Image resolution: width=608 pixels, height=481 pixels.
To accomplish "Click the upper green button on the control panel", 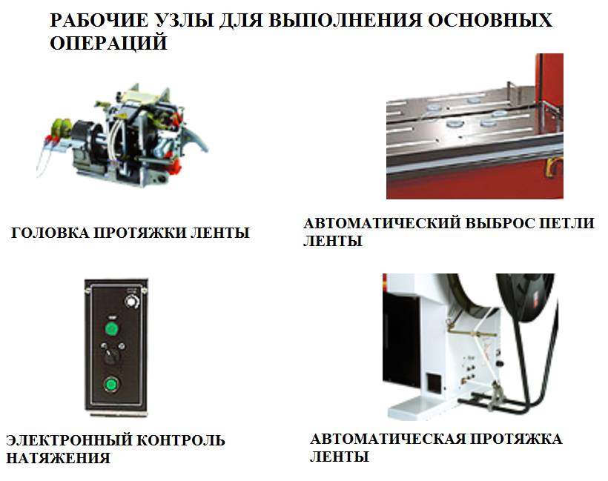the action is click(112, 329).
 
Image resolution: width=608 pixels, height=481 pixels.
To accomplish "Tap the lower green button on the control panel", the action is click(111, 385).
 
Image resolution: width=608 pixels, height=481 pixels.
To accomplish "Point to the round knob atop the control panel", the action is click(132, 302).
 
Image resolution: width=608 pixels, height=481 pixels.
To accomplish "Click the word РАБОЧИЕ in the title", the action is click(99, 20).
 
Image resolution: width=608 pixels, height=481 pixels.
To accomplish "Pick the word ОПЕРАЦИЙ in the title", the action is click(108, 43).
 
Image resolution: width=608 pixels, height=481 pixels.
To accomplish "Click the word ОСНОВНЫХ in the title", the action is click(490, 20).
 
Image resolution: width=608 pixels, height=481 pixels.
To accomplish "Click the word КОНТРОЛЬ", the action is click(182, 440).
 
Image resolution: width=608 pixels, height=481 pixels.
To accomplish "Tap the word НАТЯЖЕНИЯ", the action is click(59, 458).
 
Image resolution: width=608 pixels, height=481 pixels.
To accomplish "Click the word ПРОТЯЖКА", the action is click(517, 439).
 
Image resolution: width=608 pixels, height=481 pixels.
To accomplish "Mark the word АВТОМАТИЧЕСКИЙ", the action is click(383, 223).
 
